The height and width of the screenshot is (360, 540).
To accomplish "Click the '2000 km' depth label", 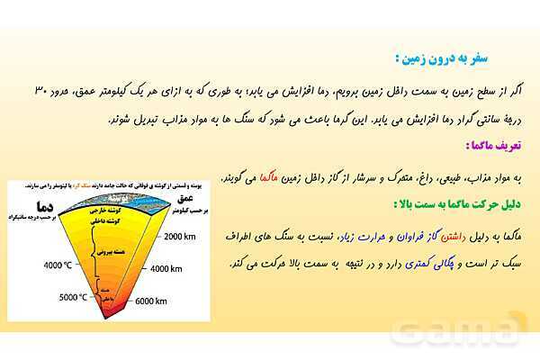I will point(184,236).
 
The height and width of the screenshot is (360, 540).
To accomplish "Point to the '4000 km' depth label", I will point(170,269).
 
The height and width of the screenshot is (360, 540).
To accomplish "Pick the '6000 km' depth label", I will point(153,302).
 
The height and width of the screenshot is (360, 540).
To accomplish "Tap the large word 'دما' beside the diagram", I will point(39,207).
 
